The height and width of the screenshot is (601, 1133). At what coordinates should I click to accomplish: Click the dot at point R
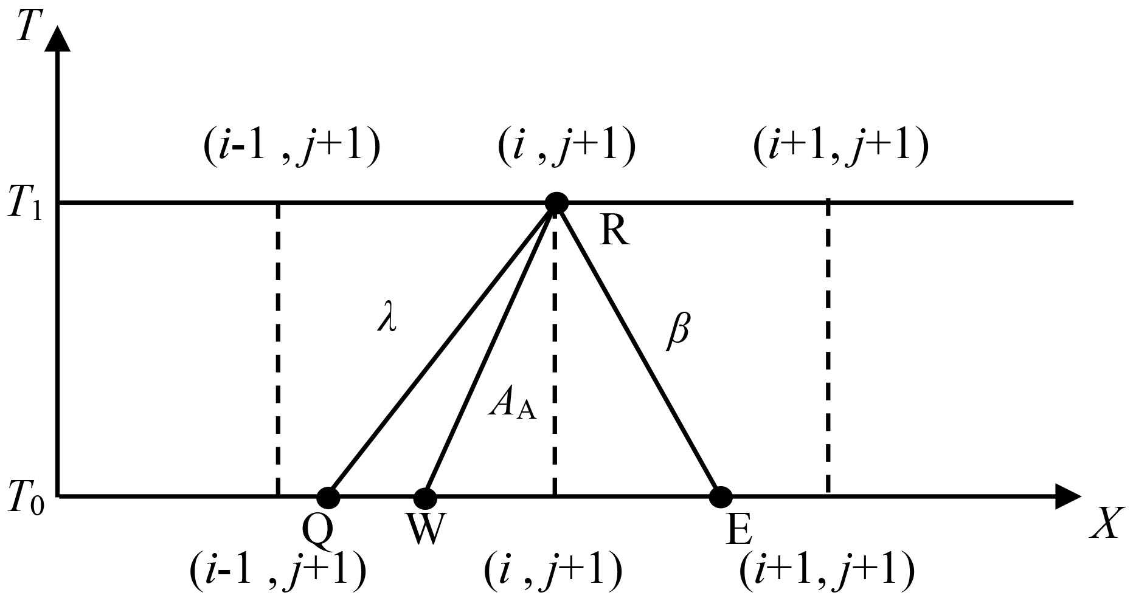(x=556, y=202)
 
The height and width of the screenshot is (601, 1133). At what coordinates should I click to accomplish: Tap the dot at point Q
(x=328, y=497)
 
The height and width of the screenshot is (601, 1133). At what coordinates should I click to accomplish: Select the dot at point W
(x=425, y=498)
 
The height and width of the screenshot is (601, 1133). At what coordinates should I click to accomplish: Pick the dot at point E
(x=721, y=497)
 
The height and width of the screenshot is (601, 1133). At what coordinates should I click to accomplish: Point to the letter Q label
(x=318, y=531)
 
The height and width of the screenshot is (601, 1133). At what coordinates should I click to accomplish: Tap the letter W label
(x=425, y=530)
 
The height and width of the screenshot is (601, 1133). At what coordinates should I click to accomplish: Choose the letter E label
(x=739, y=530)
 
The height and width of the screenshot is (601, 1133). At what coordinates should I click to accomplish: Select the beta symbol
(x=678, y=332)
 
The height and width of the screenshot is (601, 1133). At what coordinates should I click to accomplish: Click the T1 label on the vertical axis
(x=24, y=204)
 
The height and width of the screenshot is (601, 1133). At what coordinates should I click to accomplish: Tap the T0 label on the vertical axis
(x=24, y=498)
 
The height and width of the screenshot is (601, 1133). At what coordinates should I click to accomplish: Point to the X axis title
(x=1104, y=524)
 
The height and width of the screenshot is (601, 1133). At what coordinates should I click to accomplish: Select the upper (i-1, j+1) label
(x=292, y=148)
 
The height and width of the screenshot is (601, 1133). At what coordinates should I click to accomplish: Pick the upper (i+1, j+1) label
(x=840, y=148)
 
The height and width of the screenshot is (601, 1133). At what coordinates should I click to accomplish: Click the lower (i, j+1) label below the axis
(x=553, y=571)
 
